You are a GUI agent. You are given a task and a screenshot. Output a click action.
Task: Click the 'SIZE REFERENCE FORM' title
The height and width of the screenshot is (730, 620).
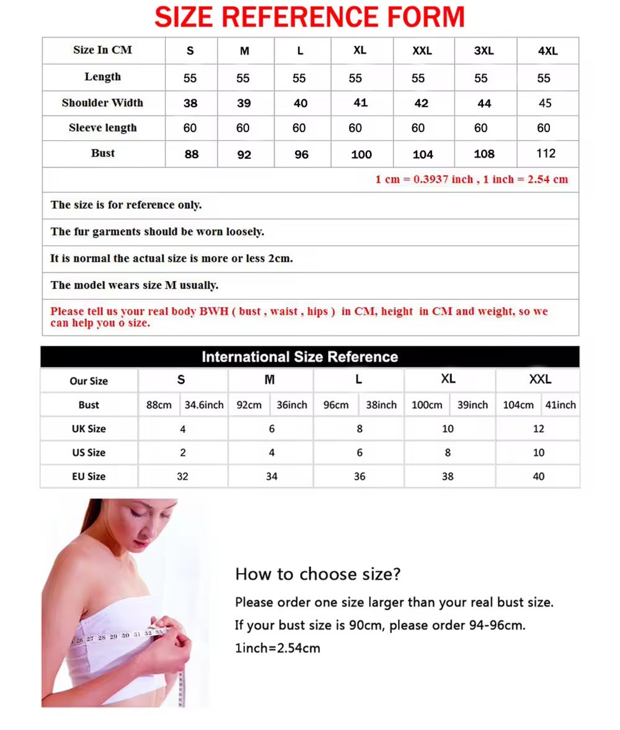tap(309, 17)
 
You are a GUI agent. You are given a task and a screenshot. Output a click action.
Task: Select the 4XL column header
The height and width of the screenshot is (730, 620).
tap(547, 51)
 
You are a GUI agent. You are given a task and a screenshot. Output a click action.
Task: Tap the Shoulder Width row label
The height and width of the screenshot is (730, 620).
tap(102, 103)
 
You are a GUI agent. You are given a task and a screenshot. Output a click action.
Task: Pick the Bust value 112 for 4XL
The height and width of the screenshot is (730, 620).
tap(546, 154)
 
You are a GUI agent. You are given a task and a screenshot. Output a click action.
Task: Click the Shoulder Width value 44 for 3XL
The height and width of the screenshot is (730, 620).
tap(484, 104)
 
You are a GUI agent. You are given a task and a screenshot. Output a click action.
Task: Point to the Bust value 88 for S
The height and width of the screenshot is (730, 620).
tap(192, 154)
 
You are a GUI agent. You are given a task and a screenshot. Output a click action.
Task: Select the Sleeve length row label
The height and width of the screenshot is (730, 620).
tap(102, 128)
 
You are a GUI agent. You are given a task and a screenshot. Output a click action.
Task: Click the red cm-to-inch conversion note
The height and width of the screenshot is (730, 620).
tap(471, 180)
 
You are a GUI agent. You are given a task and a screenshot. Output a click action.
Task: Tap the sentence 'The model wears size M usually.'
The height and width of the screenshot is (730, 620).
tap(135, 285)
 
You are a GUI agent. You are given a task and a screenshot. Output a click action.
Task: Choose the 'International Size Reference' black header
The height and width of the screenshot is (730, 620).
tap(299, 357)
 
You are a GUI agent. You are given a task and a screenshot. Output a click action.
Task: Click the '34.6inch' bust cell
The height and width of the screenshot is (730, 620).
tap(204, 405)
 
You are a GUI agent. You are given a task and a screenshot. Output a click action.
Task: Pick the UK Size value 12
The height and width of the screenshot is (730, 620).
tap(539, 429)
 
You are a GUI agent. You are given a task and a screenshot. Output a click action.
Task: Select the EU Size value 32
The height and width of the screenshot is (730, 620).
tap(182, 476)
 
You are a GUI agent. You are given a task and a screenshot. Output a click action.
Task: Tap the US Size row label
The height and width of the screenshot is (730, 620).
tap(89, 453)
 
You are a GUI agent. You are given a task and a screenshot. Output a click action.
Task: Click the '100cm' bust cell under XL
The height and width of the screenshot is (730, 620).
tap(427, 405)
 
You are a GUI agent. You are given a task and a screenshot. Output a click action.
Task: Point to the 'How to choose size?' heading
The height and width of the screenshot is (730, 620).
tap(318, 574)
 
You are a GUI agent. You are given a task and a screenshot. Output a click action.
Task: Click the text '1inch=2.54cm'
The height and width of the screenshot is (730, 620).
tap(277, 648)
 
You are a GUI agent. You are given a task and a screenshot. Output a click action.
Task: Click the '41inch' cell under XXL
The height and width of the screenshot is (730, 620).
tap(560, 405)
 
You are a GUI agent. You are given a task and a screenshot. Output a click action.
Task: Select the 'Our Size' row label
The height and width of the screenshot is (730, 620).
tap(89, 381)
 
